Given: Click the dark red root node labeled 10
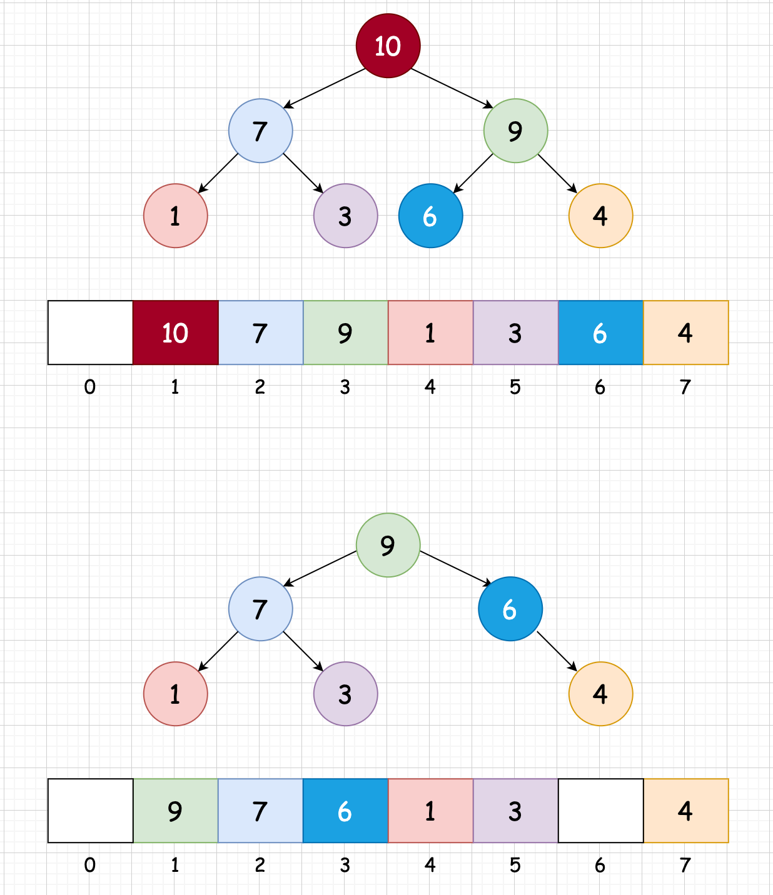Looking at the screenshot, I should click(388, 46).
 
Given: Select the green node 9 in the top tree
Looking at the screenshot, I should click(515, 131).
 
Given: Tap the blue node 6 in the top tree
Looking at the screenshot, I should click(430, 216).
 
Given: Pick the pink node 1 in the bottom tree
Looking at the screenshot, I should click(175, 694).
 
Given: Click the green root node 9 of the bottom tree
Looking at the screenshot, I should click(388, 545).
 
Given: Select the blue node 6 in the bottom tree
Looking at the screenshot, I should click(510, 609).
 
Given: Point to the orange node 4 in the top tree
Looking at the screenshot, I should click(600, 216).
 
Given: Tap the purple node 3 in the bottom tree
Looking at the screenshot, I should click(345, 694).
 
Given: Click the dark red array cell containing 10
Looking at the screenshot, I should click(175, 332).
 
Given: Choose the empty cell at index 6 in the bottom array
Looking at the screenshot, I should click(600, 811).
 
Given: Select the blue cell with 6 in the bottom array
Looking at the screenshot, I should click(345, 811).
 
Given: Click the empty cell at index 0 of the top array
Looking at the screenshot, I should click(90, 332).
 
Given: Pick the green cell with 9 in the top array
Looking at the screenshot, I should click(345, 332).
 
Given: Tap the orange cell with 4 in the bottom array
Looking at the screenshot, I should click(685, 811).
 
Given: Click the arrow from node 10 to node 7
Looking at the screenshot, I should click(324, 88).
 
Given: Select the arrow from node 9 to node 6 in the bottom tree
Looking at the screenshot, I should click(456, 568).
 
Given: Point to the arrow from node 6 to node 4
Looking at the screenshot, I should click(557, 651).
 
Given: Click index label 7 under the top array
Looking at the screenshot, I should click(685, 387).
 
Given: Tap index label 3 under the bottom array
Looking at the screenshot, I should click(345, 865).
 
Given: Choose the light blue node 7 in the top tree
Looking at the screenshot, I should click(260, 131).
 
